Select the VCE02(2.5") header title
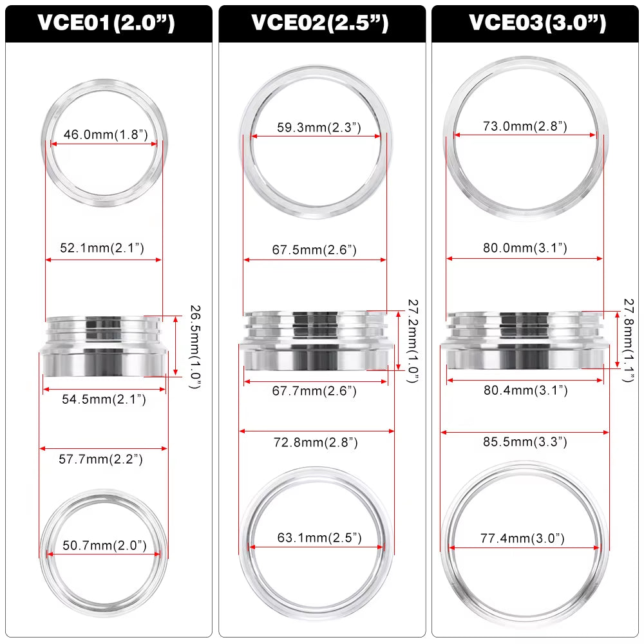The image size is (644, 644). [320, 23]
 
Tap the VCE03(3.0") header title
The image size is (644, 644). [537, 23]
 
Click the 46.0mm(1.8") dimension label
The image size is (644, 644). [106, 135]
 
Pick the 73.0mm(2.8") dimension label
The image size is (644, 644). [525, 126]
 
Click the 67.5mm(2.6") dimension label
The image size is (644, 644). [314, 250]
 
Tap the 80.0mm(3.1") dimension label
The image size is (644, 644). [525, 248]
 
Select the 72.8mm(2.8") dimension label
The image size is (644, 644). [316, 442]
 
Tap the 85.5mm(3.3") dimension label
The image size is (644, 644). [525, 442]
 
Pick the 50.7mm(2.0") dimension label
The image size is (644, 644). [104, 546]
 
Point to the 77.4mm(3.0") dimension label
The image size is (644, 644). [523, 538]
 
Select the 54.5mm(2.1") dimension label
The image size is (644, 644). [104, 400]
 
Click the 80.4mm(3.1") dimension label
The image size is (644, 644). [526, 390]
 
